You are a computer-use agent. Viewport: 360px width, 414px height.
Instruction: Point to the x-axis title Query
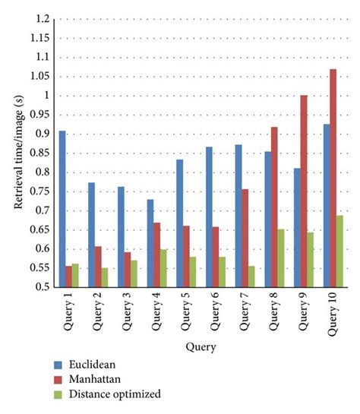(x=202, y=347)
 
